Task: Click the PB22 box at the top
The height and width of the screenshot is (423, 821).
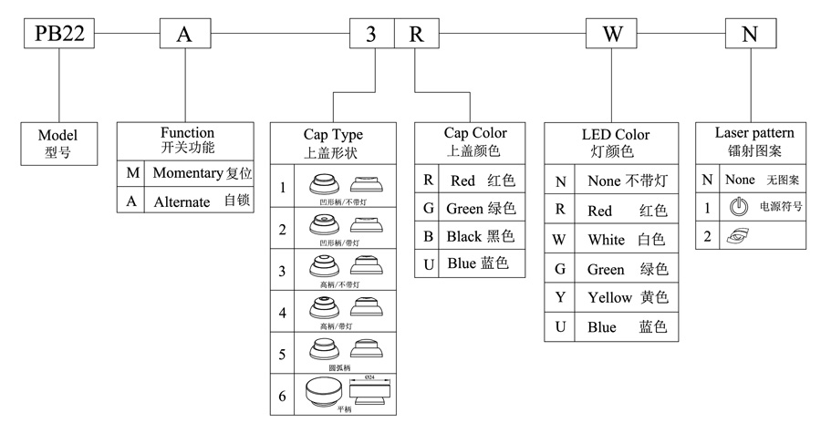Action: point(59,35)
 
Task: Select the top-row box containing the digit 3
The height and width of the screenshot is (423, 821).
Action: point(371,35)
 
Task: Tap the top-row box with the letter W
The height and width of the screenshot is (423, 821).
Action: point(612,35)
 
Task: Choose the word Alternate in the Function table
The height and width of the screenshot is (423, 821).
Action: point(182,201)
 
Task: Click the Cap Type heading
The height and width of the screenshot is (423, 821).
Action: point(333,135)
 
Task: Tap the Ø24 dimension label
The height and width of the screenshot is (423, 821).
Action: point(369,377)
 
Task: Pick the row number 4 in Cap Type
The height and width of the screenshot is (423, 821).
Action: point(283,313)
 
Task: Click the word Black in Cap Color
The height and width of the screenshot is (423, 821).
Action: point(463,236)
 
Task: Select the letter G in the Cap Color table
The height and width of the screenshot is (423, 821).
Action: point(428,208)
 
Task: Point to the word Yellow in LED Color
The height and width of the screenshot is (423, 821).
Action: point(610,298)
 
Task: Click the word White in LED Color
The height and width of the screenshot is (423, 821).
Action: point(607,240)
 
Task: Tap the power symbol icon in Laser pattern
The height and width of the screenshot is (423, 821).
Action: point(738,207)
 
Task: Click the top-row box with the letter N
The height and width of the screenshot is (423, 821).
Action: point(750,35)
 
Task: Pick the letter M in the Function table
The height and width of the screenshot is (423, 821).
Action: point(133,173)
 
